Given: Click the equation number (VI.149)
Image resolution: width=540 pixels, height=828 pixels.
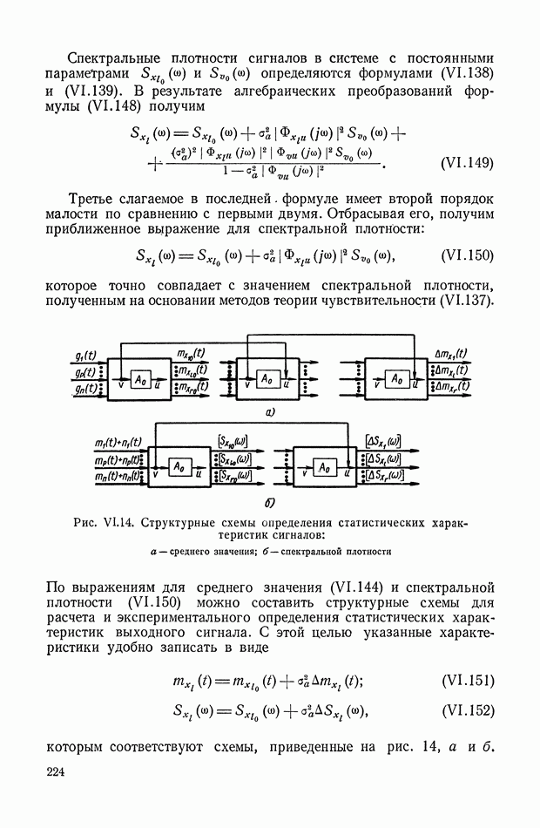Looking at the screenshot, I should point(468,163).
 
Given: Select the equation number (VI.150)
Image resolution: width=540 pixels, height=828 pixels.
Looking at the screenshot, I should point(468,255).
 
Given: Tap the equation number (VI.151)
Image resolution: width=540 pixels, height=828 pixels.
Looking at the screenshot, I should point(468,681).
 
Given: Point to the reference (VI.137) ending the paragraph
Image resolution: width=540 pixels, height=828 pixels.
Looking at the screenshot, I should point(463,301).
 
